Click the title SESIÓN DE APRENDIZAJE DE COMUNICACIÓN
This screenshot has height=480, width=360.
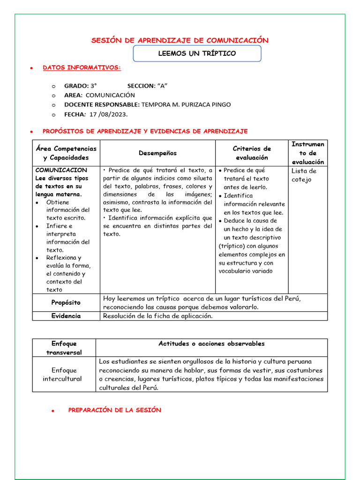pyautogui.click(x=180, y=40)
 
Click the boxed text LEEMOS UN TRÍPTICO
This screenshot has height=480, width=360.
pyautogui.click(x=197, y=53)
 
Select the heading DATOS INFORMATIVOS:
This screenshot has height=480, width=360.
pyautogui.click(x=82, y=68)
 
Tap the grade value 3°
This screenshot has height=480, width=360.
pyautogui.click(x=94, y=86)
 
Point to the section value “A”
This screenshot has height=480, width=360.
pyautogui.click(x=162, y=86)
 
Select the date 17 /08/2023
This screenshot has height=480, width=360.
pyautogui.click(x=108, y=114)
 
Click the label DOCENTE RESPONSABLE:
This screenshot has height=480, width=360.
pyautogui.click(x=102, y=105)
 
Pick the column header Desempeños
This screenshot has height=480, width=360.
pyautogui.click(x=158, y=153)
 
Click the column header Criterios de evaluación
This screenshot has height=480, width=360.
pyautogui.click(x=252, y=153)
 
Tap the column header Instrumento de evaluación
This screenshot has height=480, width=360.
pyautogui.click(x=307, y=153)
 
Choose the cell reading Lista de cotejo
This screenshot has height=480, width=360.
pyautogui.click(x=304, y=175)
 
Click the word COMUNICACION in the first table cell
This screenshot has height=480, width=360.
pyautogui.click(x=61, y=170)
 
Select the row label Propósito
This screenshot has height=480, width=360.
pyautogui.click(x=66, y=303)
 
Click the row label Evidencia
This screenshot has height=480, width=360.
pyautogui.click(x=66, y=316)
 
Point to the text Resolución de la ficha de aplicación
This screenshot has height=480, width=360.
pyautogui.click(x=157, y=316)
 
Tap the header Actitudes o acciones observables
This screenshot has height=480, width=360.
pyautogui.click(x=211, y=344)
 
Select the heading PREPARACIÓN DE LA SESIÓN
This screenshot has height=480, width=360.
pyautogui.click(x=114, y=410)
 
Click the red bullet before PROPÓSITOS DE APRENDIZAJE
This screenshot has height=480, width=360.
pyautogui.click(x=31, y=132)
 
